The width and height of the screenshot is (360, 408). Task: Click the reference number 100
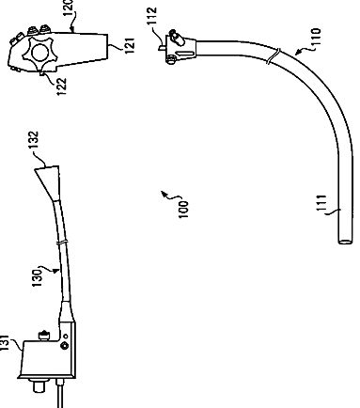point(183,210)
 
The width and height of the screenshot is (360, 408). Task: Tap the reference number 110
point(317,37)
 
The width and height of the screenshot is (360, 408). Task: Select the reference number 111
point(322,203)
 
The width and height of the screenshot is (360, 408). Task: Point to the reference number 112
point(151,16)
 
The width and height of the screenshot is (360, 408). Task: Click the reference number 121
point(131,45)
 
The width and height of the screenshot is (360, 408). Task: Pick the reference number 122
point(63,86)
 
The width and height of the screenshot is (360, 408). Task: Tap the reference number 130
point(37,277)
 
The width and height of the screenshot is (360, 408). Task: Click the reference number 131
point(5,343)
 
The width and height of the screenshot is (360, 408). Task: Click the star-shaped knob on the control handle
point(40,53)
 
